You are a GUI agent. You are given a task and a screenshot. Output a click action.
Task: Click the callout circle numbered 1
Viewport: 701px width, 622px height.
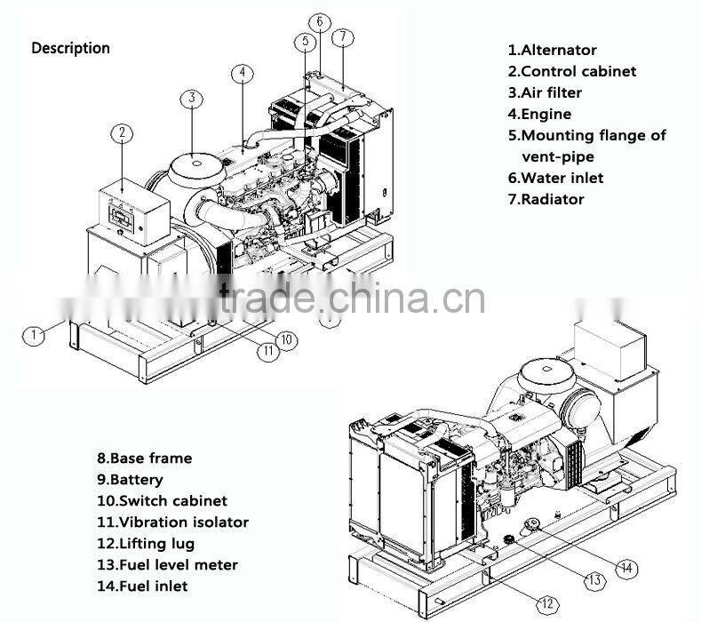(x=34, y=335)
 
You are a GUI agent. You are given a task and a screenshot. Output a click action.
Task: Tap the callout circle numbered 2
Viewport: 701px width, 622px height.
(x=122, y=133)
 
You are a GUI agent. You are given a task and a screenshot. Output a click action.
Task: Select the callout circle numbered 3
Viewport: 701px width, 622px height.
(x=192, y=98)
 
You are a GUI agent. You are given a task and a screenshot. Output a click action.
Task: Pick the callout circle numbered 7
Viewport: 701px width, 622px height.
(x=344, y=37)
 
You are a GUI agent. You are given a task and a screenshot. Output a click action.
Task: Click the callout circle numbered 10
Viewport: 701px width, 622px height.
(x=286, y=339)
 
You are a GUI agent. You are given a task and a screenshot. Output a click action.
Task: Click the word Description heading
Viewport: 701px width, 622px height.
(x=71, y=48)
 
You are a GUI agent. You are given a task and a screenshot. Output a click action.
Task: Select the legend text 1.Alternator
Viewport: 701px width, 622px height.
(x=552, y=51)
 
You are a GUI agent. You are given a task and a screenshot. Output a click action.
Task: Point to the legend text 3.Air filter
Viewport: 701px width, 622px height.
(x=545, y=92)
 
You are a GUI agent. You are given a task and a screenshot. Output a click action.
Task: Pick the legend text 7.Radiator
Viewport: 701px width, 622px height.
(x=546, y=199)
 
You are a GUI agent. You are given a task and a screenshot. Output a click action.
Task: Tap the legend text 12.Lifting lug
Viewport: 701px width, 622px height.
(x=146, y=544)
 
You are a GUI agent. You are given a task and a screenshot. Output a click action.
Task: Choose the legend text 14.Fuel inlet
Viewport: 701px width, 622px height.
(x=142, y=586)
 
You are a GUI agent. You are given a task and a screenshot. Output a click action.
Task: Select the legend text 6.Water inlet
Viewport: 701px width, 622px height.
(x=555, y=178)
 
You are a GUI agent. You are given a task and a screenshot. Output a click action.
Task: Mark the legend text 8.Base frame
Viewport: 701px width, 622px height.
(x=144, y=459)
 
